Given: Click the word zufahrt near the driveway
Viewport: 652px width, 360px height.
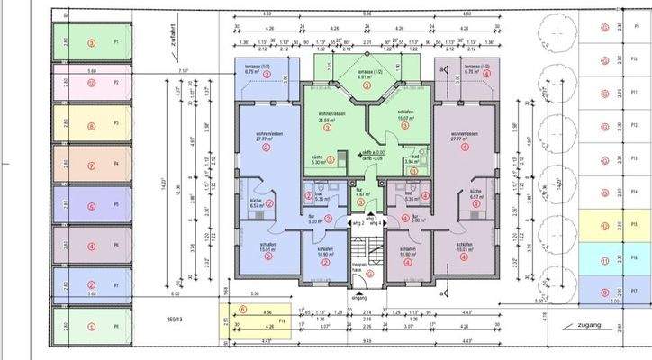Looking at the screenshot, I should pos(164,39).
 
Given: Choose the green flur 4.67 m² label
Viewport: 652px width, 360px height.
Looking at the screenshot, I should pos(359,193).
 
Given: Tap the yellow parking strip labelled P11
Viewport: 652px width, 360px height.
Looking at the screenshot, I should pos(257,319).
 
